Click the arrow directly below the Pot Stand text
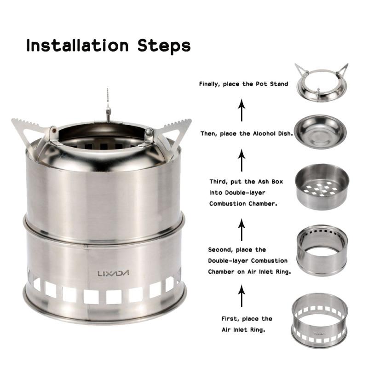point(241,110)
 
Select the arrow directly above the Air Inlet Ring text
point(241,296)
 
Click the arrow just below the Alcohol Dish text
point(241,161)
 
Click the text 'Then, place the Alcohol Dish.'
point(247,134)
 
